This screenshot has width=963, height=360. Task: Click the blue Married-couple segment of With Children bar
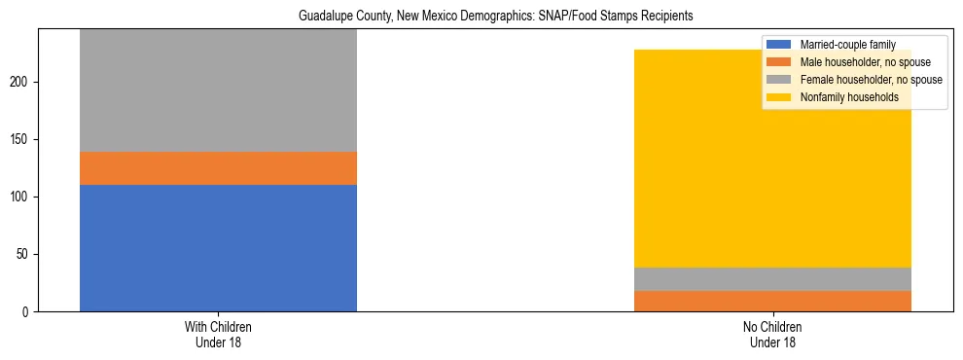tap(218, 248)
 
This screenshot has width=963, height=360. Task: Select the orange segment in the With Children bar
tap(218, 168)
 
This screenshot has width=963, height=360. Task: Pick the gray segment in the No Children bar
tap(772, 279)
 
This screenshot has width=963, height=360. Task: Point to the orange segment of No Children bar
tap(772, 301)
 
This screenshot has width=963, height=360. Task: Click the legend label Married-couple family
tap(847, 44)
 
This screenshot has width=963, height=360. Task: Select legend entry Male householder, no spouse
tap(861, 61)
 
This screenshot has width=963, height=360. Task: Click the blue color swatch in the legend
tap(780, 44)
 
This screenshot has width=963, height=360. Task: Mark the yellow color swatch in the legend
tap(780, 97)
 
